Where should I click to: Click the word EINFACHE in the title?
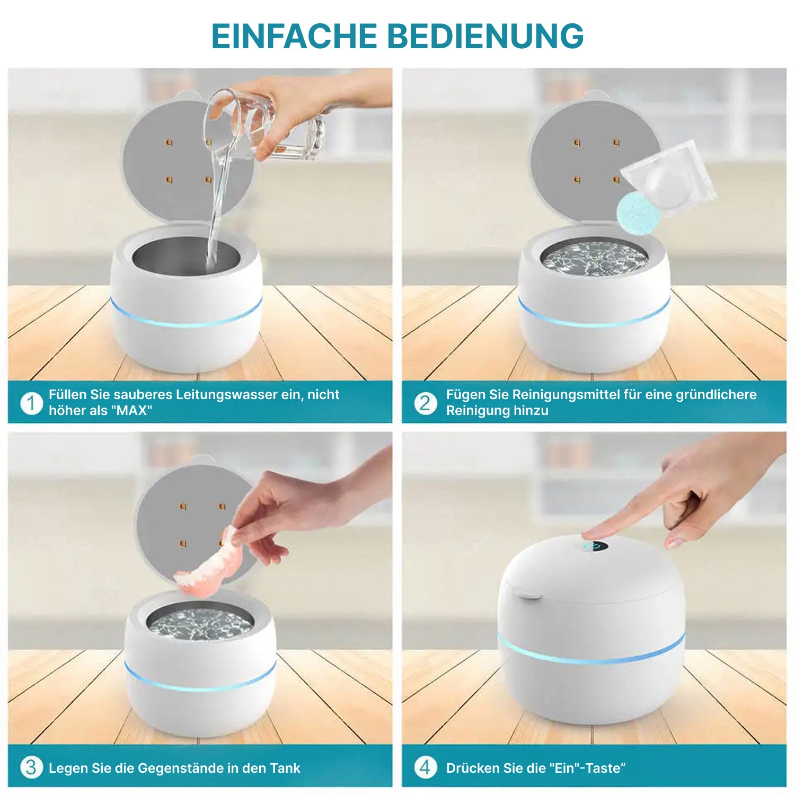point(294,36)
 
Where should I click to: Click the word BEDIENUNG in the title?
point(485,36)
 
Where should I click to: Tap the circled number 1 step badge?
point(31,403)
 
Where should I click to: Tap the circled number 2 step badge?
point(426,403)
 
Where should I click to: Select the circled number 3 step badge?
point(31,767)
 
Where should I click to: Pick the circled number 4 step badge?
point(426,767)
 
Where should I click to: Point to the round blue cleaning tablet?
point(639,214)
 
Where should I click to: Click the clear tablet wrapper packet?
point(669,178)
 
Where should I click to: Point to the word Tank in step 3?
point(285,768)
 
